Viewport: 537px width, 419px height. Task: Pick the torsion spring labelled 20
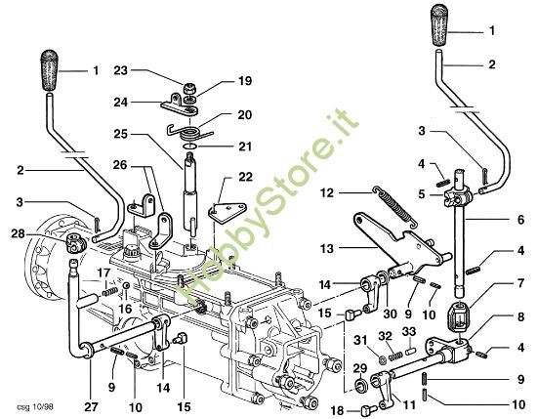click(186, 123)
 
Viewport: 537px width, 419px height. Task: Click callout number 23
click(122, 70)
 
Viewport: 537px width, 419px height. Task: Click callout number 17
click(103, 272)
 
